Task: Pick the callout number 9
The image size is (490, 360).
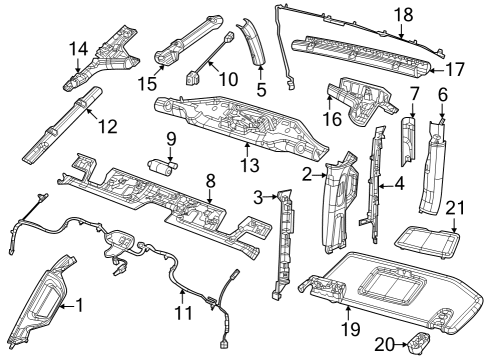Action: pyautogui.click(x=170, y=139)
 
